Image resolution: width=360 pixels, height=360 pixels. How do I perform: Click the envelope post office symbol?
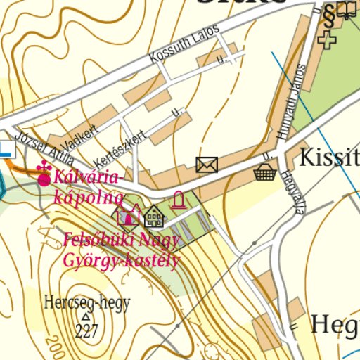207,165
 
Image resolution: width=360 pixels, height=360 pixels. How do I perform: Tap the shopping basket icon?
264,172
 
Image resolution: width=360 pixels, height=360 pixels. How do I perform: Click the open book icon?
345,10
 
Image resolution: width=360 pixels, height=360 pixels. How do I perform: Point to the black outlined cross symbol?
326,39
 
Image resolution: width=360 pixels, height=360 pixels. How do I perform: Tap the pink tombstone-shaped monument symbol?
179,201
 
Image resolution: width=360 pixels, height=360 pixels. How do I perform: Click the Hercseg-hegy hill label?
87,304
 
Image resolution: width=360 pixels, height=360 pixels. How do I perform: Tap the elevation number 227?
86,333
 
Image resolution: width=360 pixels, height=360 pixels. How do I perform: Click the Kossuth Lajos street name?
184,44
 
